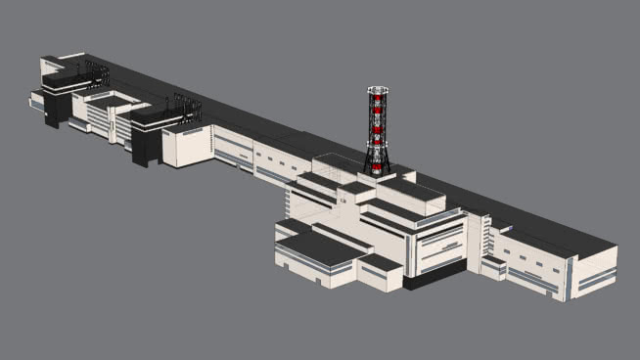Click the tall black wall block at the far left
[56, 109]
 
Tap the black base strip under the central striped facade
[435, 278]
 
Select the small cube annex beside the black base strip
[382, 273]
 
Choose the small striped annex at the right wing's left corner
[493, 267]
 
